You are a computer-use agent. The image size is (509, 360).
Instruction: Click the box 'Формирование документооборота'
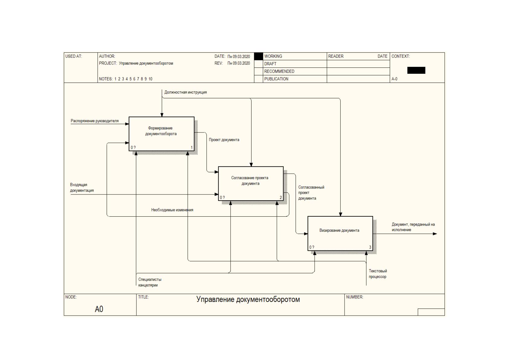tap(162, 134)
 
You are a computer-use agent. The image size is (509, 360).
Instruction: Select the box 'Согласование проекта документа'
tap(251, 184)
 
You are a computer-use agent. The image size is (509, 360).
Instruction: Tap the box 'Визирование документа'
tap(340, 234)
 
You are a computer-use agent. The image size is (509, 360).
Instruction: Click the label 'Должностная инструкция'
tap(185, 92)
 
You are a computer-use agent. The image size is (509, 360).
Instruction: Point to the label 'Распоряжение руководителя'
tap(95, 121)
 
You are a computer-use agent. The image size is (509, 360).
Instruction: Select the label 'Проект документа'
tap(224, 140)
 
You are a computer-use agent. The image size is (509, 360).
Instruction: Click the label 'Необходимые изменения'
tap(172, 210)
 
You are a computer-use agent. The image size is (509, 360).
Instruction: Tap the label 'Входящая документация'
tap(82, 188)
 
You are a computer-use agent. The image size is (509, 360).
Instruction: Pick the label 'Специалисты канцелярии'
tap(150, 282)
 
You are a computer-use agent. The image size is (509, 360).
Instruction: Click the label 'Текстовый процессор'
tap(378, 274)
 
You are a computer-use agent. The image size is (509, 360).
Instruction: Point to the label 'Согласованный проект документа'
tap(311, 193)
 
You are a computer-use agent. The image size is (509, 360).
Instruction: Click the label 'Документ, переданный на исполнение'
tap(413, 227)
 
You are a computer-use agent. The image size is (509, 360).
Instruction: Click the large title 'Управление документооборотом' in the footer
tap(248, 299)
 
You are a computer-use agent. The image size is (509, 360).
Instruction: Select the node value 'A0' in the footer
tap(99, 309)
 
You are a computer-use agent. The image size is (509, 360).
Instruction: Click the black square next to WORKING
tap(258, 56)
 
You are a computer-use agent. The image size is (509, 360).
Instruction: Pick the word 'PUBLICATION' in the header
tap(276, 79)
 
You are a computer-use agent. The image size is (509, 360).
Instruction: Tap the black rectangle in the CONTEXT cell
tap(416, 70)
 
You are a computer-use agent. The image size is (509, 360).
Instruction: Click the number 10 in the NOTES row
tap(151, 79)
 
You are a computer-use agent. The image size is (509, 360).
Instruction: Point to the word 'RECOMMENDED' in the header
tap(279, 71)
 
